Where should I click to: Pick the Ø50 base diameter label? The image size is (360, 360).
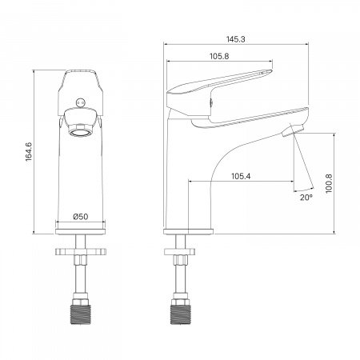click(80, 216)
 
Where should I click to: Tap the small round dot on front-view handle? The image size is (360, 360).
click(78, 99)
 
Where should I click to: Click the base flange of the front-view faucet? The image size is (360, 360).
click(80, 231)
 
